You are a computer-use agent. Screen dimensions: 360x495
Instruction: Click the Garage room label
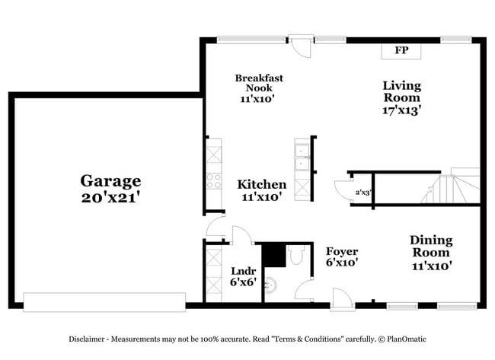click(111, 180)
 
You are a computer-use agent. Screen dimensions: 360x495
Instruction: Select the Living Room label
click(401, 91)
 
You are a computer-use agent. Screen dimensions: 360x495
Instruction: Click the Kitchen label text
click(262, 184)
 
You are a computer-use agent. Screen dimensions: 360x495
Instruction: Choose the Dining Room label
click(432, 246)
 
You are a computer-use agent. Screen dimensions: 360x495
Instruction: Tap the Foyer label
click(342, 251)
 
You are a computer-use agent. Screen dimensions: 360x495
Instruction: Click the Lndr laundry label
click(243, 270)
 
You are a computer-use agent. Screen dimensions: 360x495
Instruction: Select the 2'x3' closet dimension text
click(362, 193)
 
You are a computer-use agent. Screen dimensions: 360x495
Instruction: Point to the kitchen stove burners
click(214, 181)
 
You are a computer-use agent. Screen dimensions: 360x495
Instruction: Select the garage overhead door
click(104, 301)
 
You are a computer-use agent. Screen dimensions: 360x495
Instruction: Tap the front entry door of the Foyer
click(341, 298)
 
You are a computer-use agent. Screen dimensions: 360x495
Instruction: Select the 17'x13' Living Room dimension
click(401, 110)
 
